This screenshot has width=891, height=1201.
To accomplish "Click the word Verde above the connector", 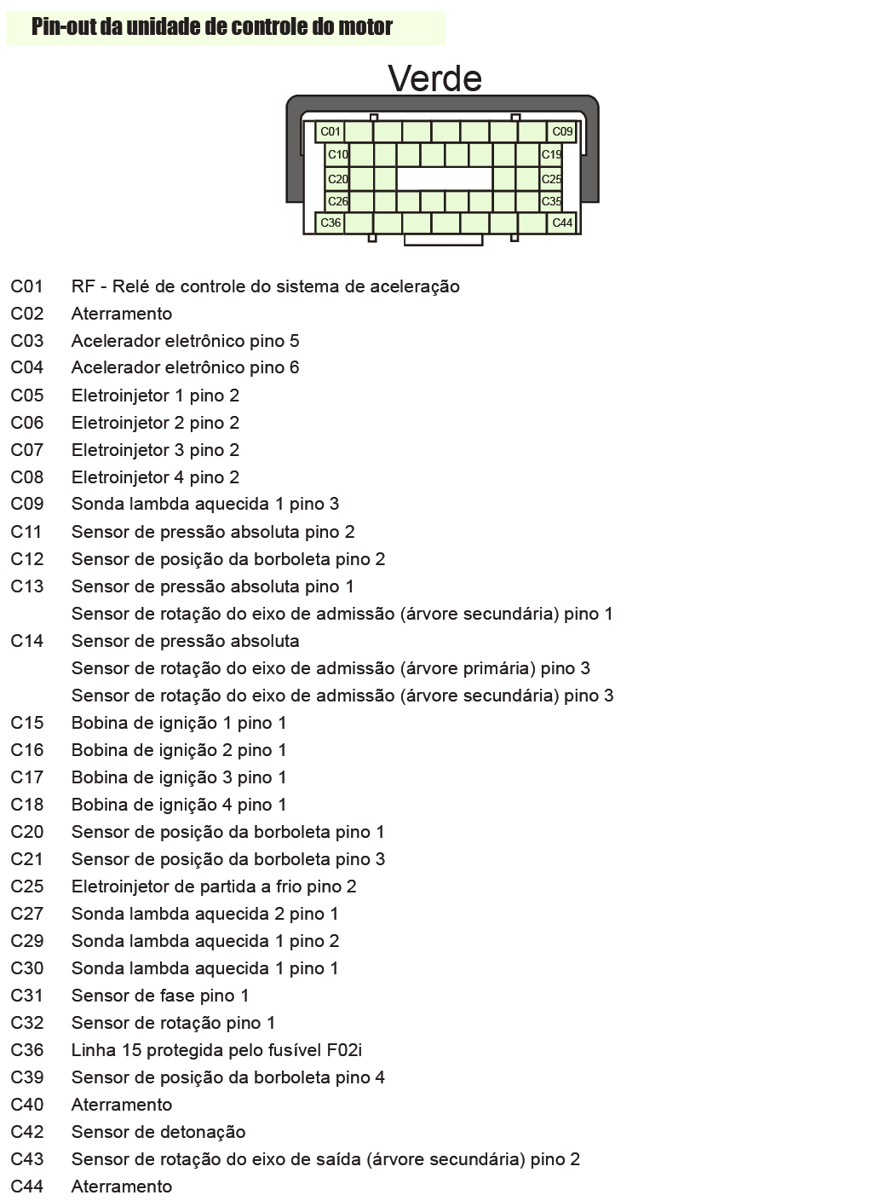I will click(434, 78).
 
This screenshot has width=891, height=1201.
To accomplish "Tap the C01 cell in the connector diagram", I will click(330, 131).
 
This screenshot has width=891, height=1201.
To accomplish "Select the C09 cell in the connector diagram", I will click(562, 131).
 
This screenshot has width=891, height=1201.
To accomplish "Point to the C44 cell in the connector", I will click(562, 222).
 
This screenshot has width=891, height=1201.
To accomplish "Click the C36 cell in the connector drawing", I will click(330, 222).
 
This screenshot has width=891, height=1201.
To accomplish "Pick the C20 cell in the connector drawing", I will click(337, 179).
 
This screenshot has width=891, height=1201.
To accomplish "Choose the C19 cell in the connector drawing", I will click(551, 154).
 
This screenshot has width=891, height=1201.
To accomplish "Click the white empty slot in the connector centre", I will click(444, 178).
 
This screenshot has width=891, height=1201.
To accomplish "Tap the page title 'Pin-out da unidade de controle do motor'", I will click(211, 27).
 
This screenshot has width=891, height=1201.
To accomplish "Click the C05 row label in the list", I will click(26, 396).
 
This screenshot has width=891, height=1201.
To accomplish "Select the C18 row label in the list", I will click(26, 805).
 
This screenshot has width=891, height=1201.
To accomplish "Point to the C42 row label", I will click(26, 1132).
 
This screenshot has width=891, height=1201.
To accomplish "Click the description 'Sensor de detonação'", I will click(158, 1132).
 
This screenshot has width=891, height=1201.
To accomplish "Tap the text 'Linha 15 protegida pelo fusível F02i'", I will click(216, 1050).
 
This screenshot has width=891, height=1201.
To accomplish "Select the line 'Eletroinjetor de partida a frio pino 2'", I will click(214, 886).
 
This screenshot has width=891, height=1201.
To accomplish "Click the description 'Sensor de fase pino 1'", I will click(160, 996).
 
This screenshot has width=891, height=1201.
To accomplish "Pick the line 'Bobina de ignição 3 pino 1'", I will click(179, 777).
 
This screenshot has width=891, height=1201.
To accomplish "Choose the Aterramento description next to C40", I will click(122, 1105).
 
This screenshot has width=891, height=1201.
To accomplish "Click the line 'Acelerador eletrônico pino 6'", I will click(185, 367).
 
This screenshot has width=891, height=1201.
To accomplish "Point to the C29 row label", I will click(26, 941).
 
